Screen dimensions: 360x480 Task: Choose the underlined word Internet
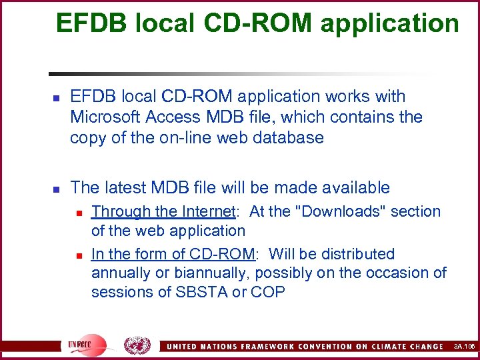(x=207, y=212)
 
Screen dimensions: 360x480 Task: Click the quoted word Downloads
(x=331, y=212)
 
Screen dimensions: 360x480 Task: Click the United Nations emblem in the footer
(x=138, y=345)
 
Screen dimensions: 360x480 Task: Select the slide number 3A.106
(x=462, y=346)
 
